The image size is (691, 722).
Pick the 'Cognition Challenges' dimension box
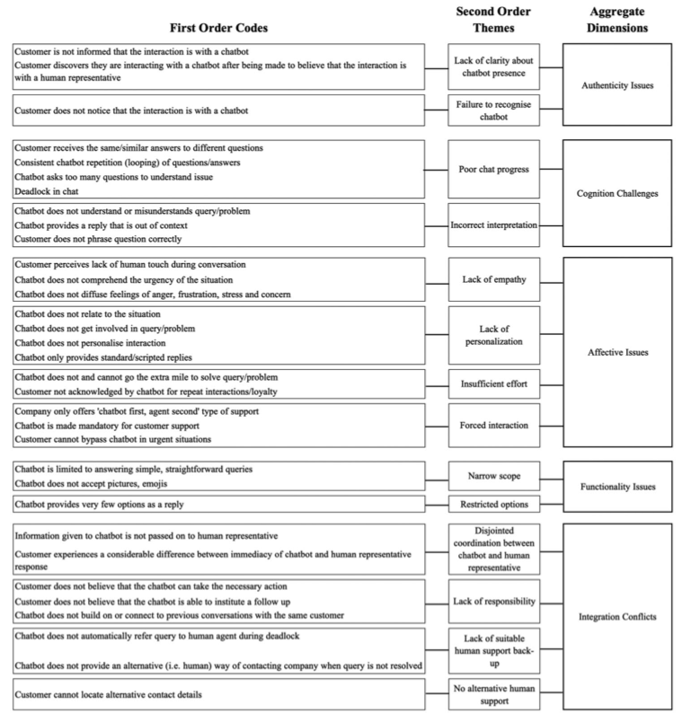click(x=616, y=192)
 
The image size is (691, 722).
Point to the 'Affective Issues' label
click(x=616, y=353)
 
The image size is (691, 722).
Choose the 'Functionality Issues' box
click(x=616, y=486)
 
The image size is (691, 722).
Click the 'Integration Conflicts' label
click(x=616, y=619)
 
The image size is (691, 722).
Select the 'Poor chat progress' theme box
click(x=493, y=169)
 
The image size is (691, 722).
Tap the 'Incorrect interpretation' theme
click(x=493, y=225)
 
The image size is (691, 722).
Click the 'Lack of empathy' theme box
click(x=493, y=280)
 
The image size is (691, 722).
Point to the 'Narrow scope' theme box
click(x=493, y=475)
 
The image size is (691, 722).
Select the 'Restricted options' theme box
click(x=493, y=503)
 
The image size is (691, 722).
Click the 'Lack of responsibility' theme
click(x=493, y=601)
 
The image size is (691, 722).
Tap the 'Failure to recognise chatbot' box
click(x=493, y=110)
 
